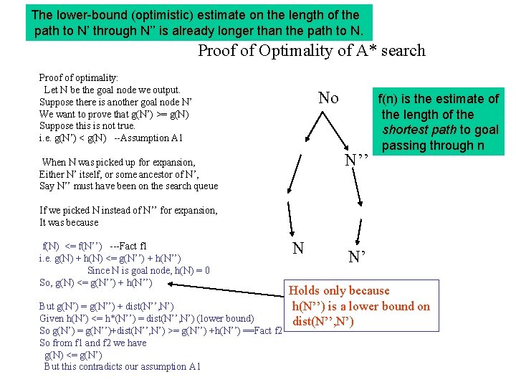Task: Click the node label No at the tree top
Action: [328, 98]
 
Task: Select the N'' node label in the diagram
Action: [356, 160]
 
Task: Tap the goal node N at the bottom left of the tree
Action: [299, 249]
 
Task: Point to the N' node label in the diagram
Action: [358, 256]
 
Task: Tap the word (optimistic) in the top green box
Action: [147, 14]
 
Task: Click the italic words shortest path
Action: [420, 130]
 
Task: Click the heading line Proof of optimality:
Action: [79, 77]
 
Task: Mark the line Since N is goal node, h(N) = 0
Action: [148, 270]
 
